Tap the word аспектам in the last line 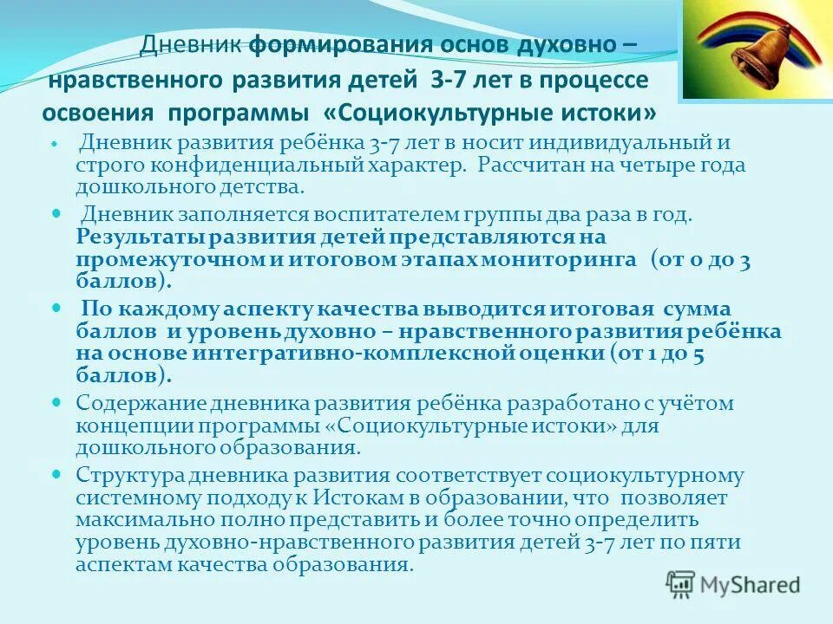[121, 565]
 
